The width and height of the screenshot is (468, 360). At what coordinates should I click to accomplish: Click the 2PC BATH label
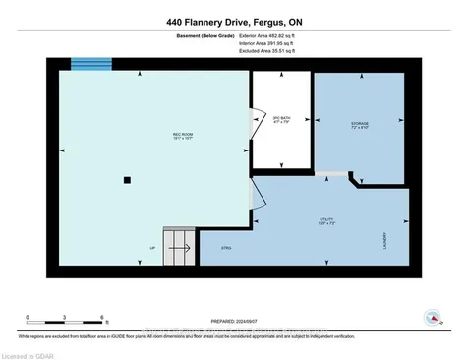281,121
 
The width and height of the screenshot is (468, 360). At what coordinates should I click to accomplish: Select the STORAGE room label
360,125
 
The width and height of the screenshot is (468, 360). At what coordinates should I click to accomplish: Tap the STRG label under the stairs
225,249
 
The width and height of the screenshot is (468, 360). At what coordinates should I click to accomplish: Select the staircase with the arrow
179,247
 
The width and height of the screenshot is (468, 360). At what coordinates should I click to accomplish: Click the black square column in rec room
126,180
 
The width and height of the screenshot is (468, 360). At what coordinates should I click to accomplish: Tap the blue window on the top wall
90,63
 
